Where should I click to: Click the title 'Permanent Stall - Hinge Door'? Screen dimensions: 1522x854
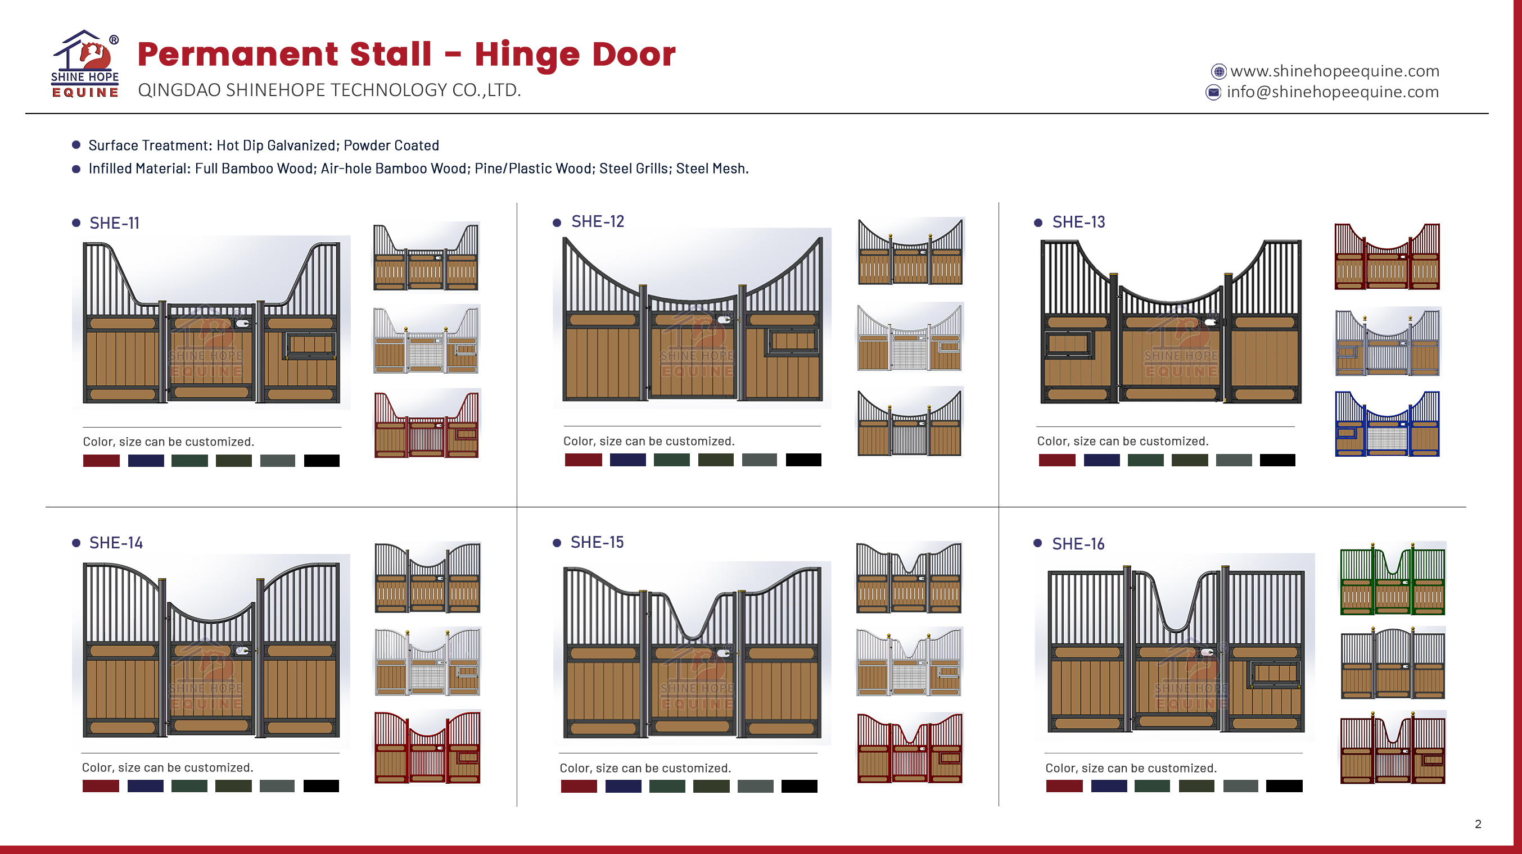(x=407, y=54)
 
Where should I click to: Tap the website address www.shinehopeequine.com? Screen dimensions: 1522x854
(x=1335, y=71)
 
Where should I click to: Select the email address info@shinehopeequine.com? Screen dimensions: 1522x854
(x=1333, y=92)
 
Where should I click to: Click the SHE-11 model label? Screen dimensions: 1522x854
(x=115, y=222)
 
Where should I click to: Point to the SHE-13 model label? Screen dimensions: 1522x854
(x=1078, y=222)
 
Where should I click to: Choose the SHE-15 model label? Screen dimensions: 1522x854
(x=597, y=542)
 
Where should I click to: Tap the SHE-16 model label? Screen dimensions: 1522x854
(x=1078, y=543)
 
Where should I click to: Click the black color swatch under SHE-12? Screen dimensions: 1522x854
(x=803, y=460)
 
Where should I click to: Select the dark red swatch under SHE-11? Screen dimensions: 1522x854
(x=102, y=461)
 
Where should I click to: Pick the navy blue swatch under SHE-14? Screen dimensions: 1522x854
(x=146, y=785)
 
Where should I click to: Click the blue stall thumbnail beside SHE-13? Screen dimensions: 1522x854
(x=1387, y=424)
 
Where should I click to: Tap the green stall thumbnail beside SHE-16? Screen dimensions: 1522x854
(x=1393, y=579)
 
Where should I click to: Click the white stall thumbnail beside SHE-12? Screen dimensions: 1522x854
(x=910, y=337)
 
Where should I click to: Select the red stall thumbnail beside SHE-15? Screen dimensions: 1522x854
(x=909, y=748)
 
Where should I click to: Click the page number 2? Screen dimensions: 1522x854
(x=1478, y=824)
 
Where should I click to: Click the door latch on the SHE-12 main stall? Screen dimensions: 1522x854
(x=724, y=320)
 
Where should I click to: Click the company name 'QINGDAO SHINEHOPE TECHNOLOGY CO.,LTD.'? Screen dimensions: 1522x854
(x=329, y=90)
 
